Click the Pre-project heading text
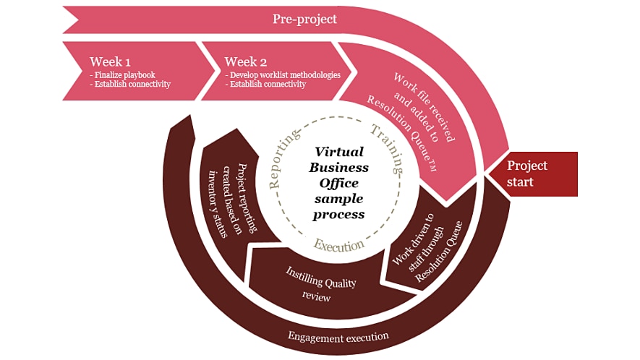[304, 19]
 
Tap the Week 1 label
[110, 61]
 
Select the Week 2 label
[245, 61]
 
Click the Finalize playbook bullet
[122, 74]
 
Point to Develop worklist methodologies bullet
[282, 74]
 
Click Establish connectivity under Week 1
[129, 85]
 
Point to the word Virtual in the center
[340, 152]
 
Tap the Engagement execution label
[338, 336]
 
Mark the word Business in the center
[338, 168]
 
